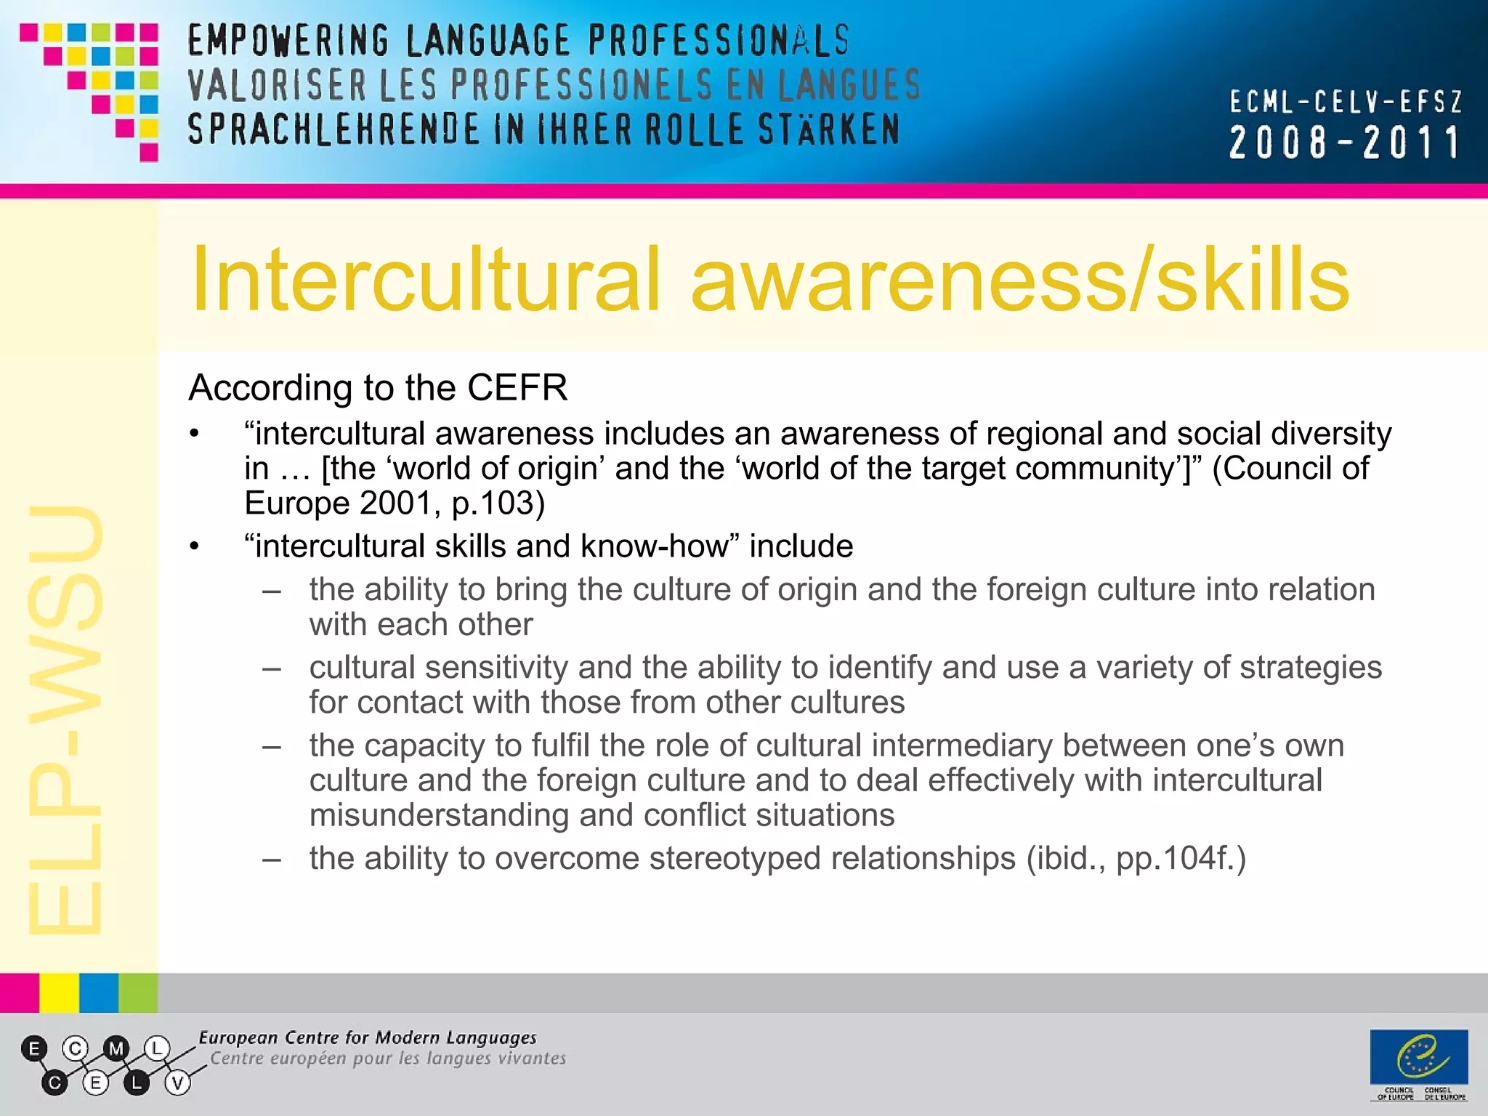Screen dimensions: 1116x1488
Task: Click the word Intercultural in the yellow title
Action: click(x=426, y=280)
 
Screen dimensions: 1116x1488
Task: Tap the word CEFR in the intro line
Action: click(x=517, y=387)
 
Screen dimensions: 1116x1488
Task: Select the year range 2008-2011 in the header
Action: click(x=1344, y=142)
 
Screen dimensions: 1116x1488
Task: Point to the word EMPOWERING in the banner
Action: click(x=288, y=41)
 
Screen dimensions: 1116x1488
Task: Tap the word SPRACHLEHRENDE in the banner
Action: click(x=333, y=130)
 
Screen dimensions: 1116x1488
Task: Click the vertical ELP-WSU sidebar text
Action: click(x=65, y=719)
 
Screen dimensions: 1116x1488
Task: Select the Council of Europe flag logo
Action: click(x=1418, y=1056)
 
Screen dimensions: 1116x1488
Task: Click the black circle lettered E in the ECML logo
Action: click(x=34, y=1048)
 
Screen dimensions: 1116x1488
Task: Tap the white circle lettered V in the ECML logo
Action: click(x=177, y=1083)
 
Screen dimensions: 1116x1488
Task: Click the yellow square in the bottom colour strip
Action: click(x=59, y=992)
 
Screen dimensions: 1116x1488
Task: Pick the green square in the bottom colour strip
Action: click(x=138, y=992)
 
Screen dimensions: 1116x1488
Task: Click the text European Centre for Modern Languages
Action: click(x=368, y=1038)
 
